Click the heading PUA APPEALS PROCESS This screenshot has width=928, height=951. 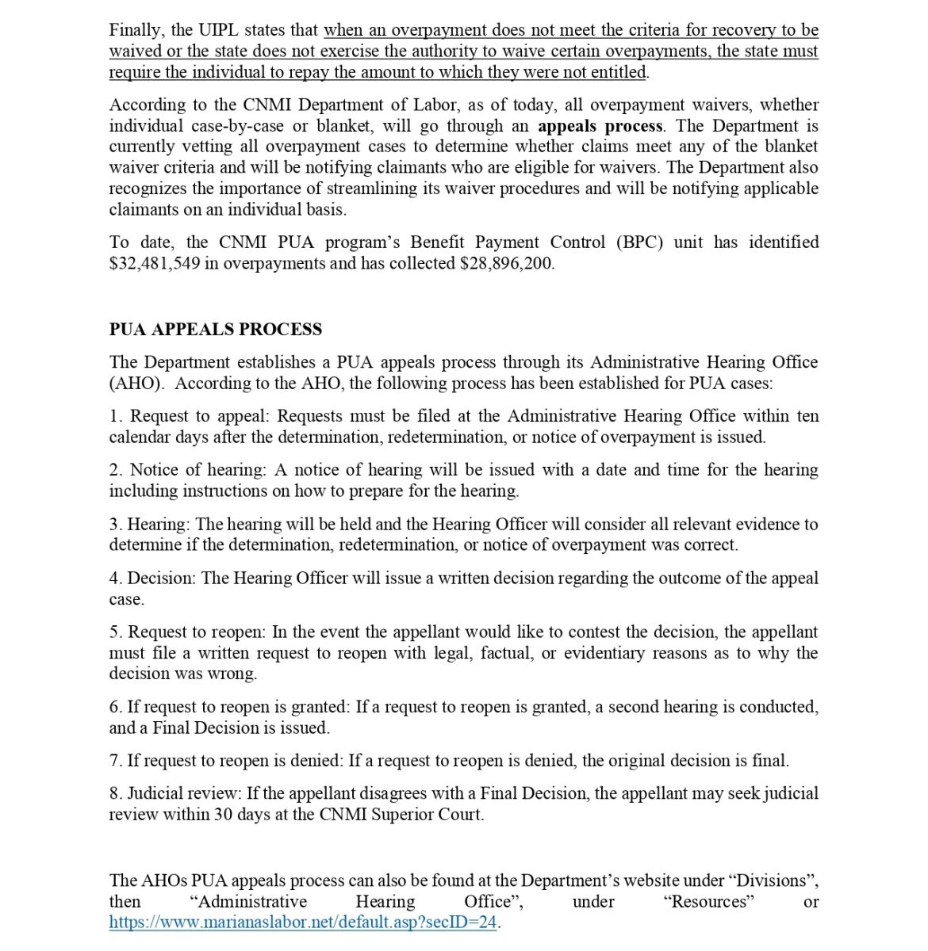(215, 330)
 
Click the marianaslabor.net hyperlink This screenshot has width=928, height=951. (302, 922)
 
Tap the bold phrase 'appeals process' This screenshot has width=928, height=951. (600, 126)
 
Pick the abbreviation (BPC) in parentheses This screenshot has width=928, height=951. (640, 243)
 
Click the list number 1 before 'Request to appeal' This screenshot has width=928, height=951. (115, 416)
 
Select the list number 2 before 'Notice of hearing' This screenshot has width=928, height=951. (115, 470)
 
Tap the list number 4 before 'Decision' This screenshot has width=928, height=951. (115, 579)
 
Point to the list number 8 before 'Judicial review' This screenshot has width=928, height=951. (115, 793)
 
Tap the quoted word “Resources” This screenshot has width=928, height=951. (708, 902)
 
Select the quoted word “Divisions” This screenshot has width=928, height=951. (773, 880)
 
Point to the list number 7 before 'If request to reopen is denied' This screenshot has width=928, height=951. (115, 761)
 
